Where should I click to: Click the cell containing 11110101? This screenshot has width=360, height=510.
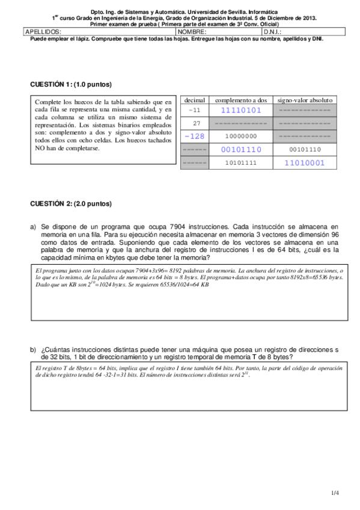coord(240,111)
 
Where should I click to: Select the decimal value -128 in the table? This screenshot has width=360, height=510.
coord(194,136)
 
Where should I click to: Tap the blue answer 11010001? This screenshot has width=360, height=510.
coord(304,162)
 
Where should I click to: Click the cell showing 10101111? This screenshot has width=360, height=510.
coord(240,162)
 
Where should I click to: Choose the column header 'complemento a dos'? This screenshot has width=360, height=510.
coord(240,100)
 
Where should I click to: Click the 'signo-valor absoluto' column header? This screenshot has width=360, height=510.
coord(304,100)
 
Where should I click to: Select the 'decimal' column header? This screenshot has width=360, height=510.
coord(194,100)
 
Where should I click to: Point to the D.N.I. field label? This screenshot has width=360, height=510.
coord(272,31)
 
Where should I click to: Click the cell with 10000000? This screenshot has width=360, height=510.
coord(240,136)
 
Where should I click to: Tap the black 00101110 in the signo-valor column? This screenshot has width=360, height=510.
coord(304,149)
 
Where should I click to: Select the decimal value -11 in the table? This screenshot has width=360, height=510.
coord(195,111)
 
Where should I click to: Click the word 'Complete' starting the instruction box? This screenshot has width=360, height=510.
coord(48,102)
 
